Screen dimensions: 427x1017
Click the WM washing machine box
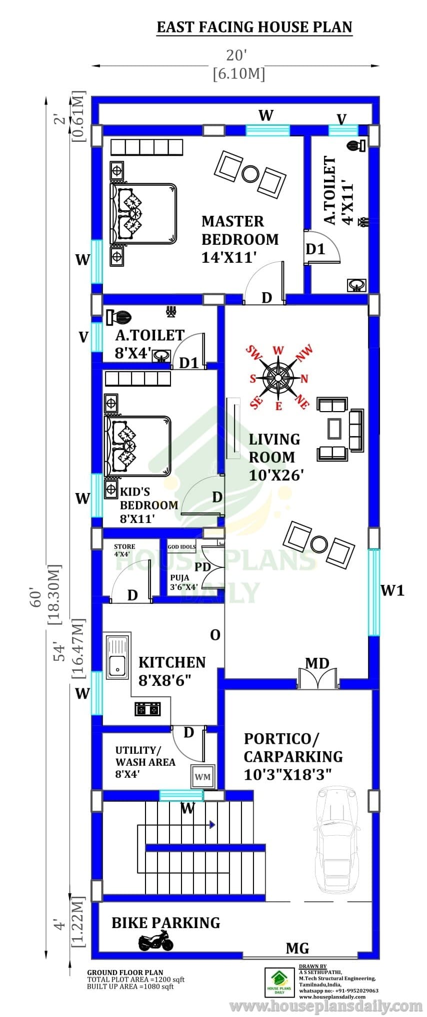pyautogui.click(x=202, y=777)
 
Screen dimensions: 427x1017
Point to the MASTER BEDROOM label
pyautogui.click(x=239, y=239)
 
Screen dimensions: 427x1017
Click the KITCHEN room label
pyautogui.click(x=172, y=662)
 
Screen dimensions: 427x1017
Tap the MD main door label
pyautogui.click(x=317, y=663)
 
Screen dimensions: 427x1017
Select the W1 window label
pyautogui.click(x=392, y=590)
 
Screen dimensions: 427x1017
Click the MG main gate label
pyautogui.click(x=297, y=948)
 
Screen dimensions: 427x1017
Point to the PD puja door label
pyautogui.click(x=202, y=567)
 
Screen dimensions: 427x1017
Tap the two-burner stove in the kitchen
pyautogui.click(x=147, y=708)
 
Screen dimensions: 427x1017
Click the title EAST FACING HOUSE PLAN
pyautogui.click(x=254, y=27)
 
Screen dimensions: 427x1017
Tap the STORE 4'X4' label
pyautogui.click(x=124, y=550)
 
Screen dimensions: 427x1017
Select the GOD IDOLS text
pyautogui.click(x=181, y=546)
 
